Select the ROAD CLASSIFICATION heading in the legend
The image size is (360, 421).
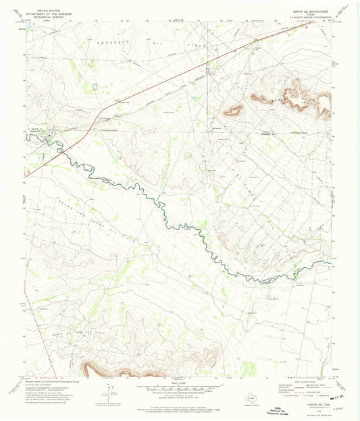298,381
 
